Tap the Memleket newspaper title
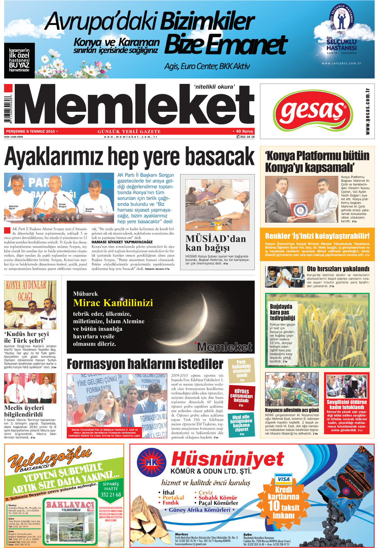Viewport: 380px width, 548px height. pyautogui.click(x=134, y=106)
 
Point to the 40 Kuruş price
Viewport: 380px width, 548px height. pyautogui.click(x=244, y=131)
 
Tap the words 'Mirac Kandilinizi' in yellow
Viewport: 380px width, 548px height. pyautogui.click(x=113, y=303)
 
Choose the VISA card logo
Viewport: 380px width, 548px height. pyautogui.click(x=284, y=479)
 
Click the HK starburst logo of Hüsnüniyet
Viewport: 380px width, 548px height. pyautogui.click(x=151, y=462)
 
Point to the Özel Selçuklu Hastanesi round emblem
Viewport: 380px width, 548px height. pyautogui.click(x=341, y=19)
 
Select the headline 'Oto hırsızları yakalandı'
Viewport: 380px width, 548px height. pyautogui.click(x=338, y=269)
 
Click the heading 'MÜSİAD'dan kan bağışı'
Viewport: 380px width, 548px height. pyautogui.click(x=215, y=243)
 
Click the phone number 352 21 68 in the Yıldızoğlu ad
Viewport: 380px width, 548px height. pyautogui.click(x=110, y=495)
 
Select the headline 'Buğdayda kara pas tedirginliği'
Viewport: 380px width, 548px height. pyautogui.click(x=282, y=312)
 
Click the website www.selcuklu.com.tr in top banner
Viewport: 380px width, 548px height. pyautogui.click(x=341, y=63)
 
